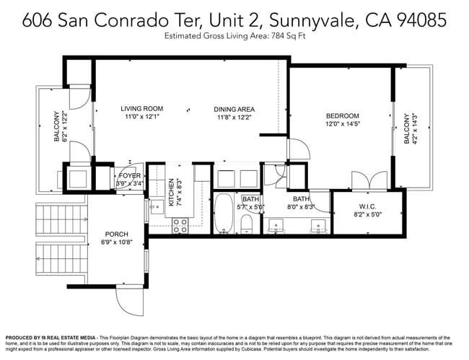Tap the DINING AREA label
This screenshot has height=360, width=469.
234,110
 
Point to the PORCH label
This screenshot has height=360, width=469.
116,234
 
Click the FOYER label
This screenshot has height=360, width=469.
129,175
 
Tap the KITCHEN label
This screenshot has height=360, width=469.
172,193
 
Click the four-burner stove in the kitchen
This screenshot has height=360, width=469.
180,225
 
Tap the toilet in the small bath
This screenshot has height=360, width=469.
246,221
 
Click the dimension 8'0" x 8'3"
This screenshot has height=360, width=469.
301,207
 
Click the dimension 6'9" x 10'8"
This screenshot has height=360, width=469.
116,242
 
